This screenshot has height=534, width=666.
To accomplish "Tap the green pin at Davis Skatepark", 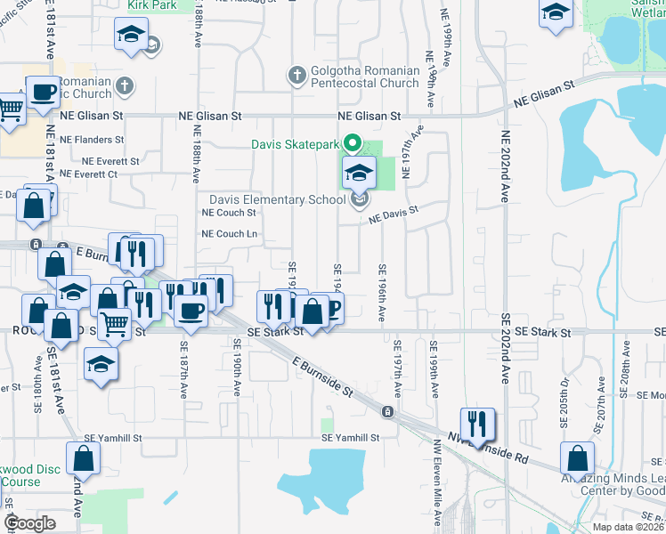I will point(352,142).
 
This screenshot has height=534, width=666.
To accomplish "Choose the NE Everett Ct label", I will point(87,174).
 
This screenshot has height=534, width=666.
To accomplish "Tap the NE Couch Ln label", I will point(229,234).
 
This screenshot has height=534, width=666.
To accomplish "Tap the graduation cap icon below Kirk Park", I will point(131,36).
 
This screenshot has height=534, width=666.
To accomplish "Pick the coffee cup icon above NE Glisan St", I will point(43,92).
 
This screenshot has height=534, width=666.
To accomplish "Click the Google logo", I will point(29,523).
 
